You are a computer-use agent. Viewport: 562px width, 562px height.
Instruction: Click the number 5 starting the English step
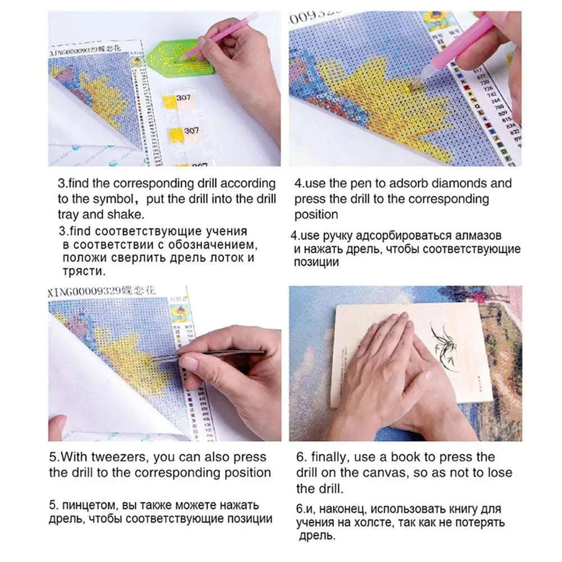click(x=52, y=457)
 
